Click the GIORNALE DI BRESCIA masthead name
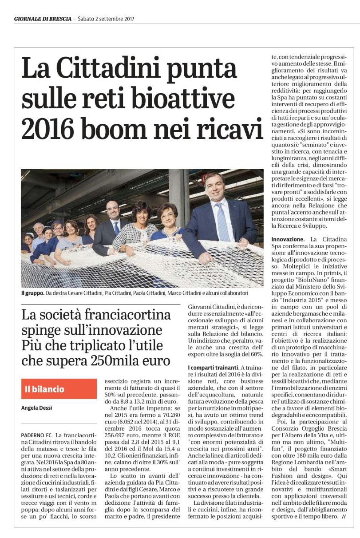coord(43,19)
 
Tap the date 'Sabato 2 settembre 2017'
coord(106,19)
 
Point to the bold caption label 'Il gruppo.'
coord(32,294)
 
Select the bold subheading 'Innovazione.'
coord(288,239)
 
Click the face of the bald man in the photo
coord(114,210)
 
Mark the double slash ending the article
coord(344,517)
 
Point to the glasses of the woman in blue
coord(168,216)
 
